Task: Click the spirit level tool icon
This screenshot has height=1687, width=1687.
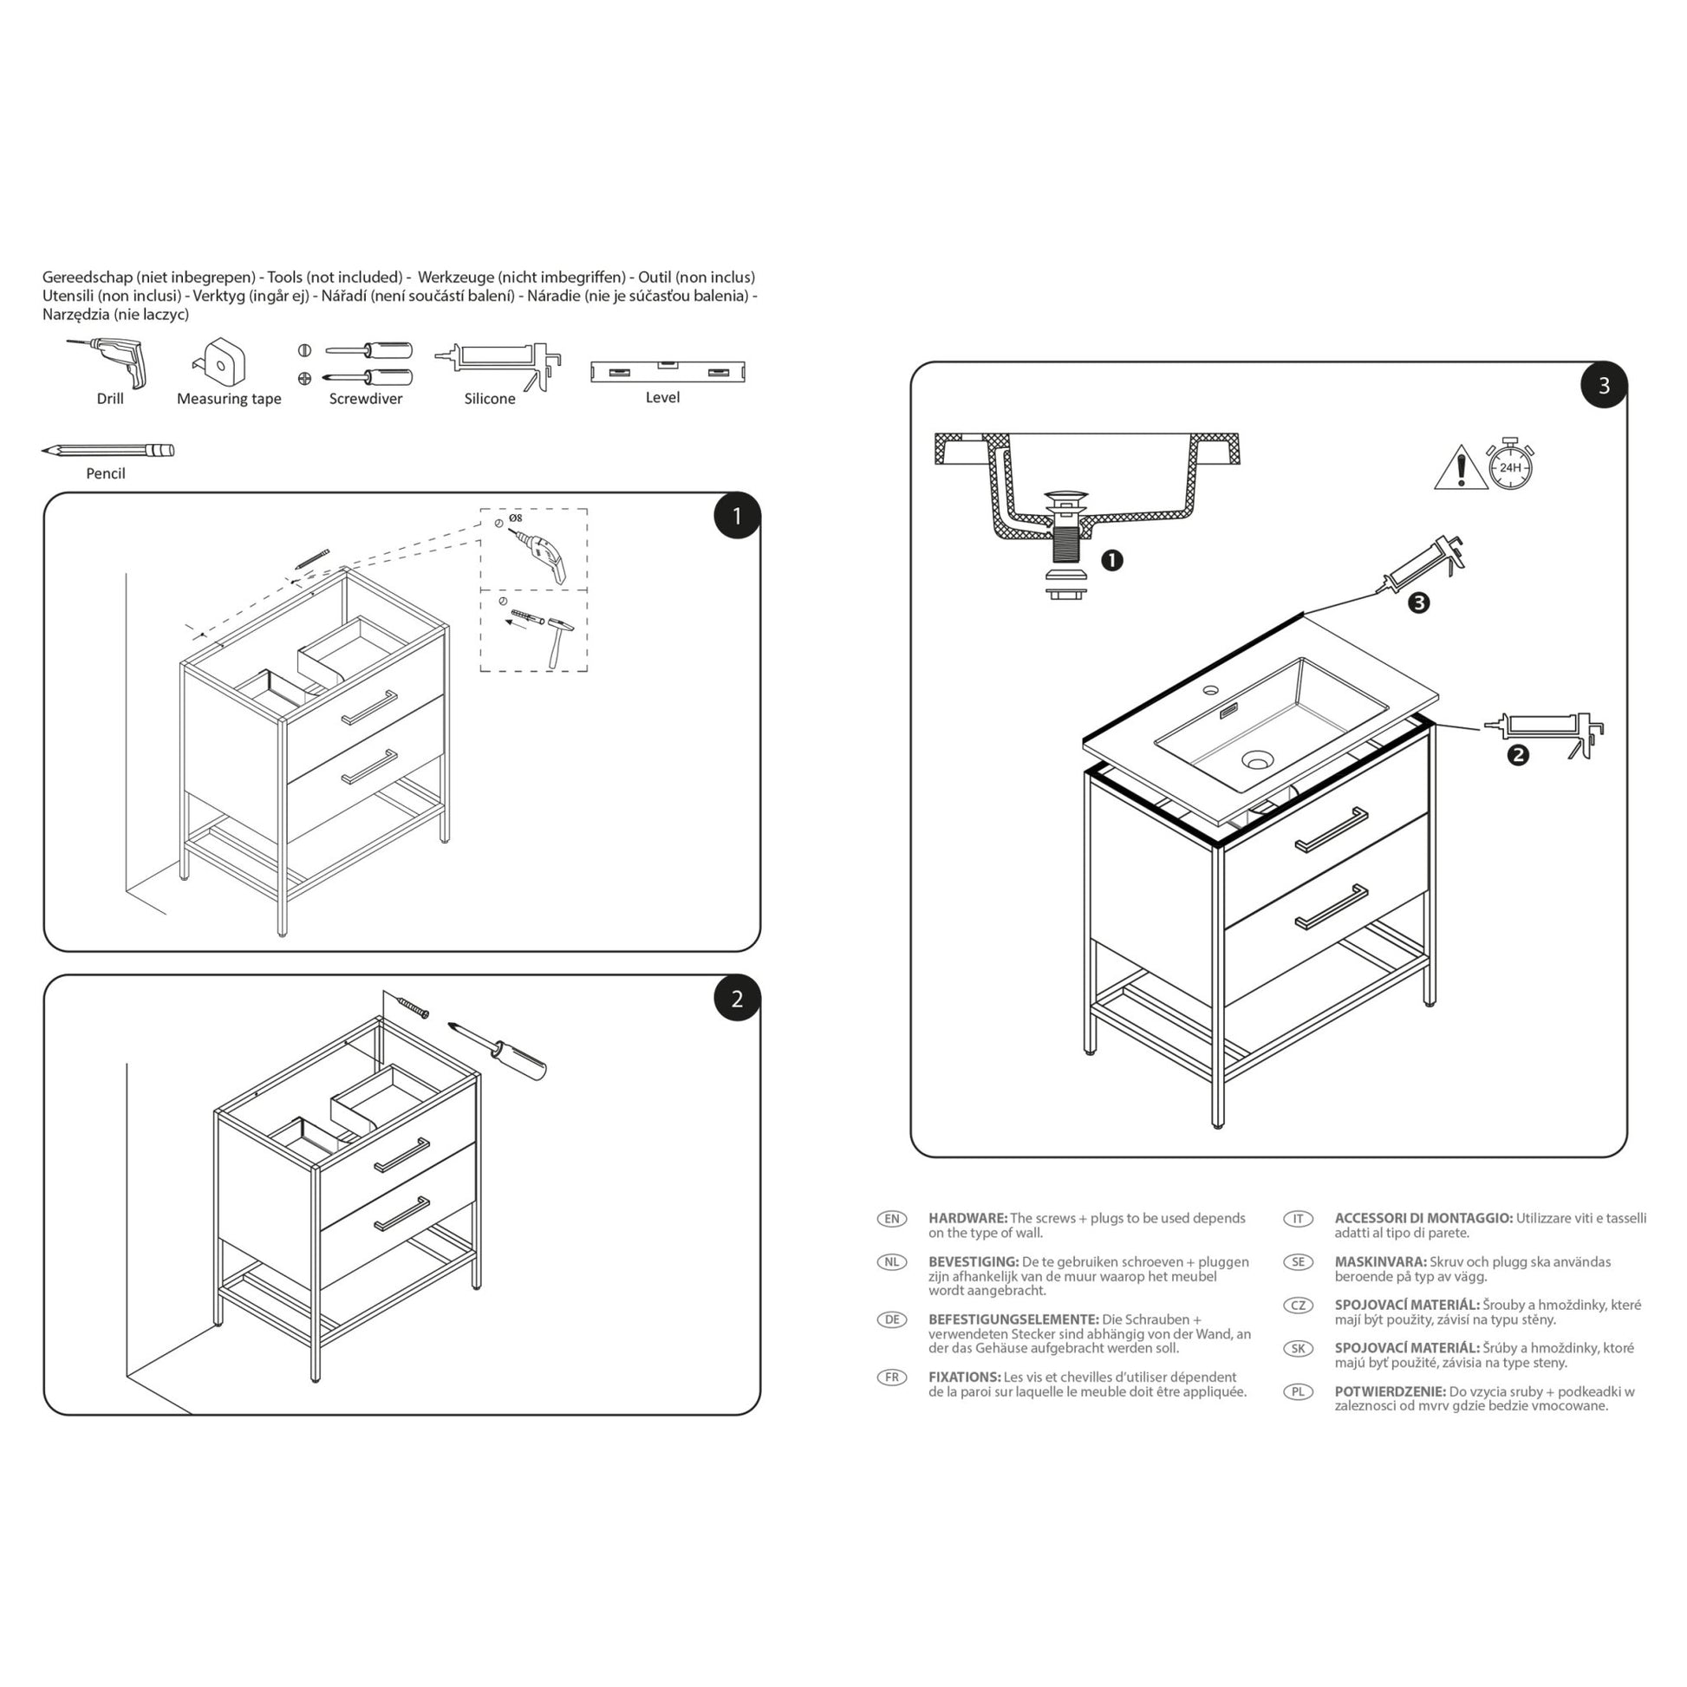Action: pyautogui.click(x=668, y=371)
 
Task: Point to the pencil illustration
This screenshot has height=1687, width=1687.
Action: pyautogui.click(x=107, y=451)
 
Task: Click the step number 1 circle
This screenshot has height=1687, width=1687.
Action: pyautogui.click(x=736, y=516)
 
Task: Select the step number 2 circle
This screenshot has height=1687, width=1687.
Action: pyautogui.click(x=736, y=998)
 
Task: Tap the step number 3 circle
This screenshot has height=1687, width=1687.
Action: pyautogui.click(x=1603, y=386)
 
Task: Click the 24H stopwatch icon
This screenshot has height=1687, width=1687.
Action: pyautogui.click(x=1510, y=465)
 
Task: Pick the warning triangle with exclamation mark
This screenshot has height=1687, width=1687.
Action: pyautogui.click(x=1461, y=469)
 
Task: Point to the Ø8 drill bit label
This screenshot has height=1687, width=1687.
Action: pyautogui.click(x=515, y=518)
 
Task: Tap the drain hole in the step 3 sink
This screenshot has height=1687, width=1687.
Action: pyautogui.click(x=1257, y=761)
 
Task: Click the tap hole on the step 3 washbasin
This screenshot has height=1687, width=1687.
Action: pyautogui.click(x=1210, y=691)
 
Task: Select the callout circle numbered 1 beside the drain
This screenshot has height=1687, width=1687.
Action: pyautogui.click(x=1111, y=560)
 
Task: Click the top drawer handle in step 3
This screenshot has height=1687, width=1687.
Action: pyautogui.click(x=1331, y=829)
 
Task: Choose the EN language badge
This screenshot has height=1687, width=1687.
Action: pyautogui.click(x=891, y=1219)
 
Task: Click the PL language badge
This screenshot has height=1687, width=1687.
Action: pyautogui.click(x=1298, y=1392)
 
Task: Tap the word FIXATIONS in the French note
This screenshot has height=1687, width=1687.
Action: pyautogui.click(x=964, y=1377)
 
